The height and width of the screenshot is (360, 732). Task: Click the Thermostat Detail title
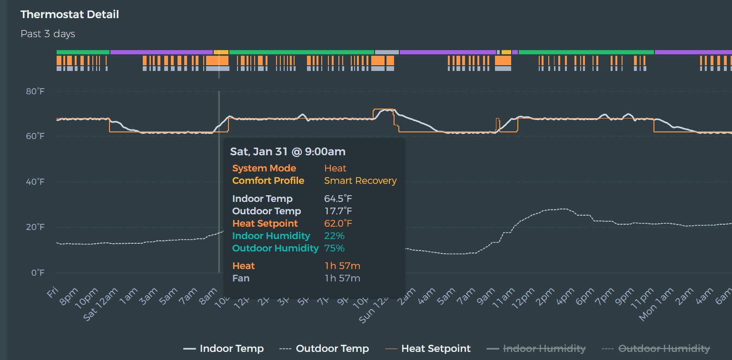[x=69, y=15]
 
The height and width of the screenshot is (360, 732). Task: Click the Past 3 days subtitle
[x=48, y=34]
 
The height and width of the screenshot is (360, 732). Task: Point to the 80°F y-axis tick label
[x=35, y=91]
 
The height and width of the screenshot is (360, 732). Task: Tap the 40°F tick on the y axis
[x=35, y=182]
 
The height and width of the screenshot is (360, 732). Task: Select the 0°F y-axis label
[x=38, y=273]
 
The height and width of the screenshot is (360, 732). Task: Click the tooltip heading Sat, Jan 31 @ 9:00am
[x=287, y=152]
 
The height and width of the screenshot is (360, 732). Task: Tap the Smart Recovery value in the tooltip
[x=360, y=181]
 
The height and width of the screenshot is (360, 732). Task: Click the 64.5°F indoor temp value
[x=338, y=199]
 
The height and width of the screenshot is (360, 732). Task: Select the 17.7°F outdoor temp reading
[x=338, y=211]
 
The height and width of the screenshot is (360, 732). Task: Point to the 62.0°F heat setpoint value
[x=338, y=224]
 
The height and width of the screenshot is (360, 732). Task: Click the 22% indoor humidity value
[x=334, y=236]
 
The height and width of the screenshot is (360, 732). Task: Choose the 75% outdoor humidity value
[x=334, y=249]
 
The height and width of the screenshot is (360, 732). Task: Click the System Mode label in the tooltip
[x=264, y=169]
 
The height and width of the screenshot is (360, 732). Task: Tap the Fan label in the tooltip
[x=240, y=278]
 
